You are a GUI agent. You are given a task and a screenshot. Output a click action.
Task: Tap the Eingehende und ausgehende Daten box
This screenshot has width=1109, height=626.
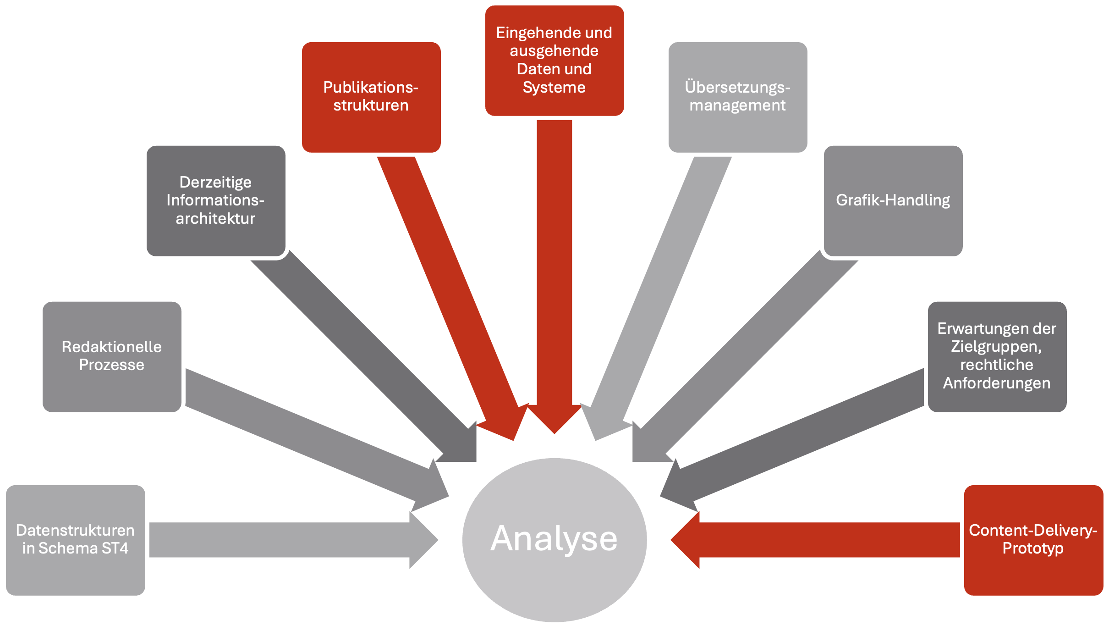click(554, 60)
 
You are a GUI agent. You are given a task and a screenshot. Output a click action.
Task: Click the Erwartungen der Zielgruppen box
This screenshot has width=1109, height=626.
click(997, 356)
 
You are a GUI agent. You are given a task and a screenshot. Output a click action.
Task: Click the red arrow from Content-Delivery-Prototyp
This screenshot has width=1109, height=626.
click(816, 540)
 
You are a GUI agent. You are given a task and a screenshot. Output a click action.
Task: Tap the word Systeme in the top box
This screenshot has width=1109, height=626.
click(554, 87)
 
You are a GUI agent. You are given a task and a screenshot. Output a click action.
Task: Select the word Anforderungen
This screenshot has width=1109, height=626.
click(997, 383)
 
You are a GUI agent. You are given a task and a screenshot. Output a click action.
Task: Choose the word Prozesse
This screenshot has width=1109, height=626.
click(112, 365)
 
